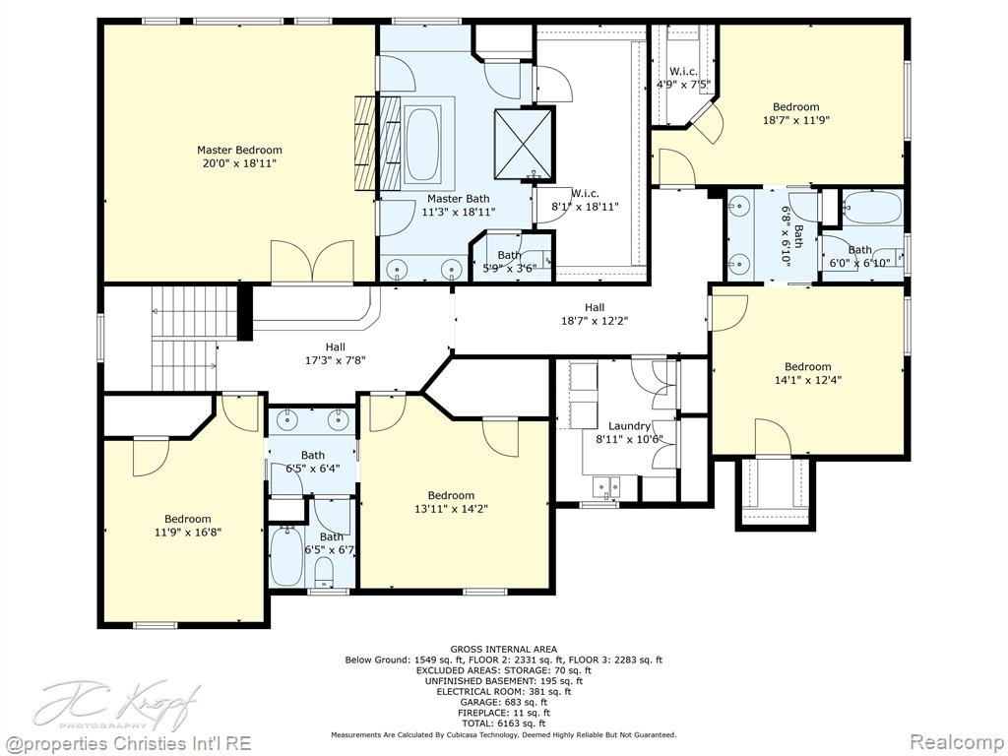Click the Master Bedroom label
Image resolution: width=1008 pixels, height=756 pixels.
pos(239,150)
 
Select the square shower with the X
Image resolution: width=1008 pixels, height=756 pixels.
pos(524,144)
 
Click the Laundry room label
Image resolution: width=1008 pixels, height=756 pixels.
pos(629,425)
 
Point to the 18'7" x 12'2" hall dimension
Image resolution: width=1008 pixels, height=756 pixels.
pos(595,320)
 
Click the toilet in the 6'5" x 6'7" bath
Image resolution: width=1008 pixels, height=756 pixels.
pos(324,572)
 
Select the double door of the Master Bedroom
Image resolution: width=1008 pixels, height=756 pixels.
pos(312,261)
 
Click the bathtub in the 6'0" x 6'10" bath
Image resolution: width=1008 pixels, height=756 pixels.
pos(872,207)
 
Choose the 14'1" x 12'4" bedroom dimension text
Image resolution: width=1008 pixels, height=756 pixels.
pos(808,380)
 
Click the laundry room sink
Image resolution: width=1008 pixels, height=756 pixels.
pos(606,486)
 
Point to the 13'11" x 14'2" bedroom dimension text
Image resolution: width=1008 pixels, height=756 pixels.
pos(451,509)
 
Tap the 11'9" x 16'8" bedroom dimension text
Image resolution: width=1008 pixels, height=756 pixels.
pos(188,532)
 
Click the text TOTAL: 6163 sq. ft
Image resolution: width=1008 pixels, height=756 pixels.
pos(503,724)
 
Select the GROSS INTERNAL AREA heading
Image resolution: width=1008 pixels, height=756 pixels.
pos(503,650)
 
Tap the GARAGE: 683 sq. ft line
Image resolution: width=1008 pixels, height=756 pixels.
pos(503,702)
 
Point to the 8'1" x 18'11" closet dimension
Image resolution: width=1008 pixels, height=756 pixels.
pos(584,207)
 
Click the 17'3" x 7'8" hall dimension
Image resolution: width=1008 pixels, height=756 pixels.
pos(335,360)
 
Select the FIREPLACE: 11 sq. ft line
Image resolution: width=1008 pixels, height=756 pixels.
pos(503,713)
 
